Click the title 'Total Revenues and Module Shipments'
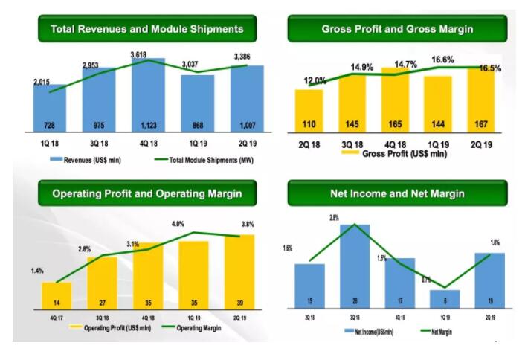pos(146,29)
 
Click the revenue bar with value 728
pos(51,108)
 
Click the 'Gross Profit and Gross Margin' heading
pos(397,29)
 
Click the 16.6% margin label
pos(442,60)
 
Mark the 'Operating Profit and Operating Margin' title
pos(146,193)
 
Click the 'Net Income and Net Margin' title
pos(397,193)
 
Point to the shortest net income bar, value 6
pos(445,298)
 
